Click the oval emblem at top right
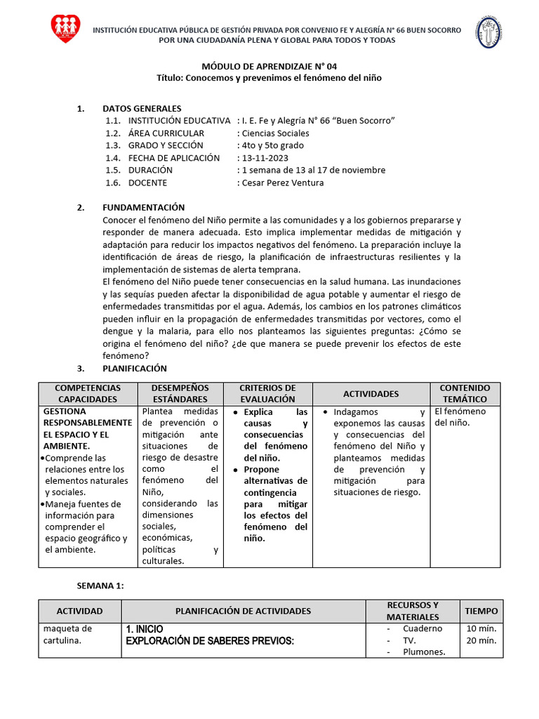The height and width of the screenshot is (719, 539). click(x=490, y=32)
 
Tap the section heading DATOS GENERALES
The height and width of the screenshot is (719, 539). click(x=142, y=108)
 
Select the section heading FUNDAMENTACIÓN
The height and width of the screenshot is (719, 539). click(x=143, y=207)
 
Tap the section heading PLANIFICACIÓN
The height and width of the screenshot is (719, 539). click(x=135, y=368)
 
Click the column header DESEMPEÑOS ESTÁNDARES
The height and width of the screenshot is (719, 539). click(x=180, y=393)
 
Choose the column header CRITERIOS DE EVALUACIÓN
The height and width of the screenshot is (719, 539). click(x=267, y=393)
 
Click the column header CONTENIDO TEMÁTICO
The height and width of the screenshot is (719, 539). click(x=465, y=393)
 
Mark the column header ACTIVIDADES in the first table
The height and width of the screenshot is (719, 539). click(x=371, y=394)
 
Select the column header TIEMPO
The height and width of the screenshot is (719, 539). click(x=481, y=611)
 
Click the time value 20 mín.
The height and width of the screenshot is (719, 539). click(x=481, y=640)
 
